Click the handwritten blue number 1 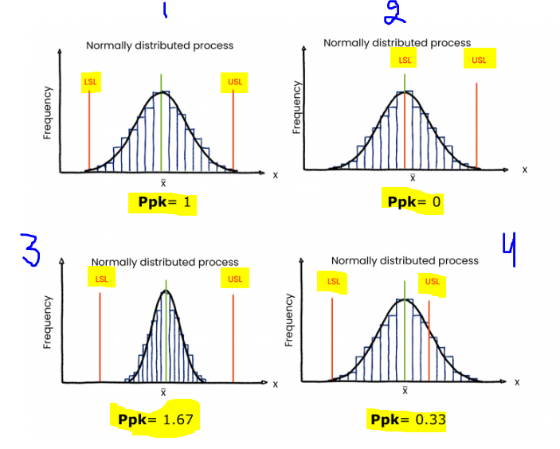tap(165, 10)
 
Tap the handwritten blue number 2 tap(393, 13)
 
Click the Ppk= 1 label tap(163, 203)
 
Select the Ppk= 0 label tap(413, 201)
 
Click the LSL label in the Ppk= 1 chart tap(90, 82)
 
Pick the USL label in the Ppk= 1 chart tap(235, 82)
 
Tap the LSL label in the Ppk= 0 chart tap(405, 60)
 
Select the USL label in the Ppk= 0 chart tap(480, 60)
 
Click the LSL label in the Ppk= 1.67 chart tap(101, 279)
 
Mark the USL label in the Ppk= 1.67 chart tap(234, 279)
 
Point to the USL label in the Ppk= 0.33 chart tap(432, 281)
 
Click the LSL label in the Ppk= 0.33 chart tap(333, 281)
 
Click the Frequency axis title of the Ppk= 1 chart tap(47, 113)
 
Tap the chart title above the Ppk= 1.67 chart tap(165, 262)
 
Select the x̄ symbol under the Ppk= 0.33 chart tap(405, 391)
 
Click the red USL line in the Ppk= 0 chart tap(476, 123)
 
